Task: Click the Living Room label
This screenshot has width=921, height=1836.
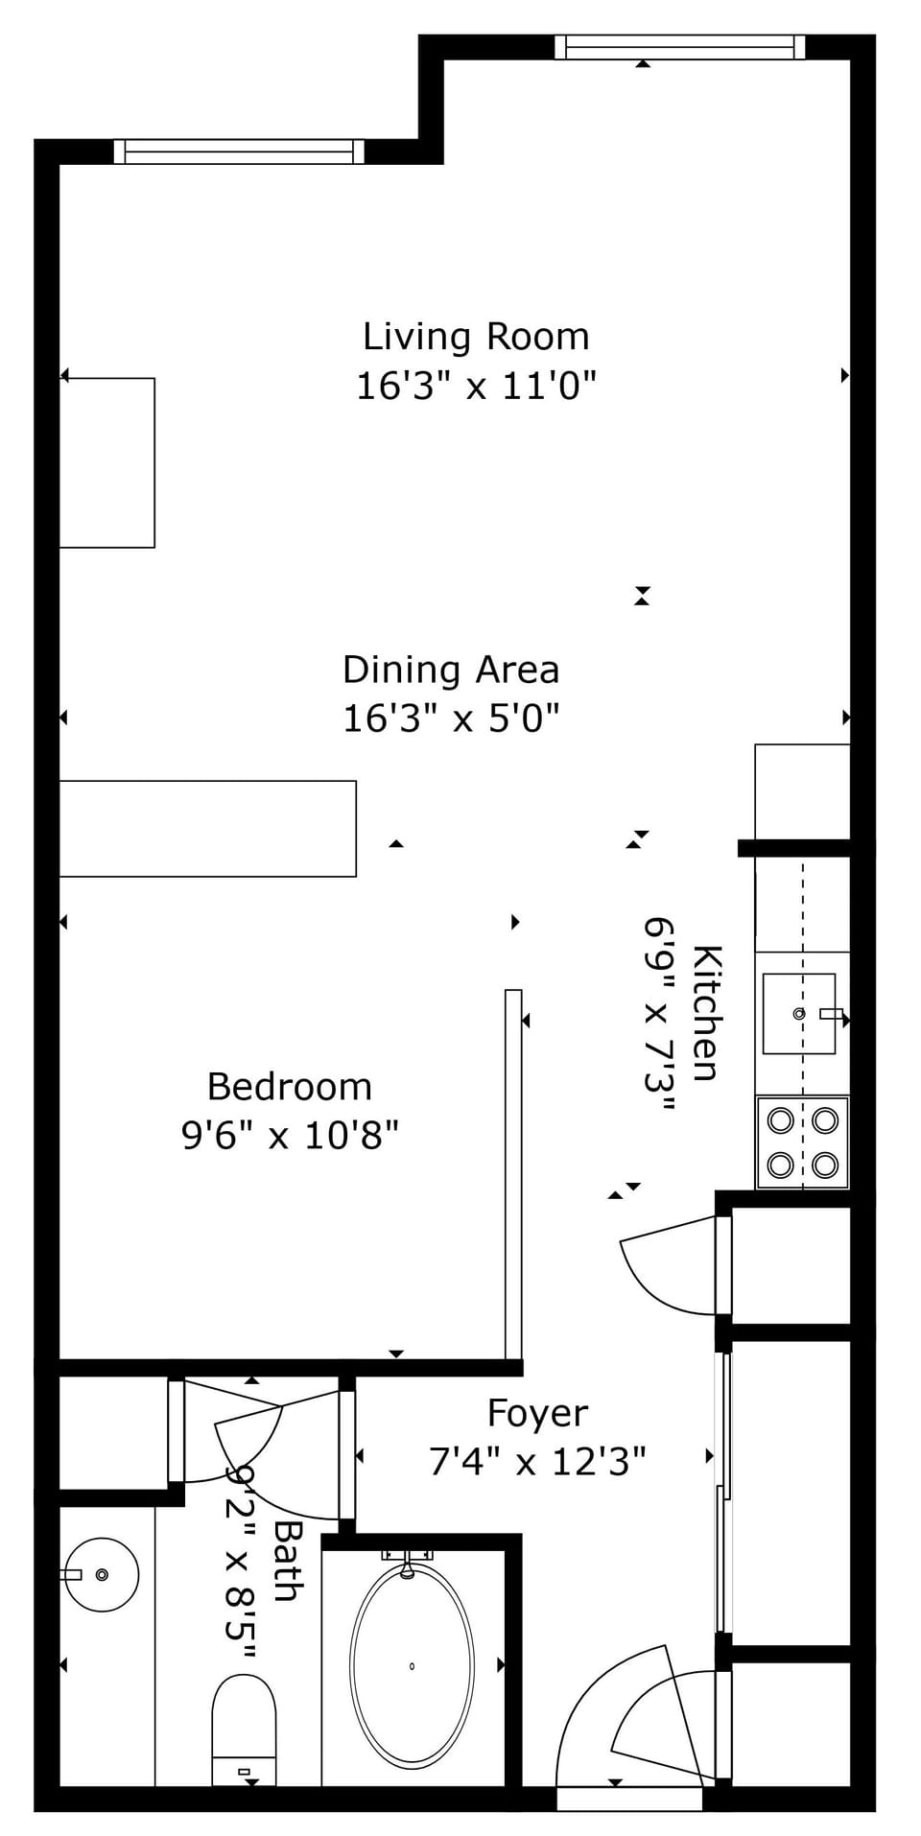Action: tap(476, 337)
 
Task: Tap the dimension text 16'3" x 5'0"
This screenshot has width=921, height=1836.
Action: tap(451, 718)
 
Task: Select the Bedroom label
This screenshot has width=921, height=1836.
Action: tap(290, 1087)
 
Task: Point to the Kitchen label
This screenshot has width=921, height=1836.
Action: tap(706, 1012)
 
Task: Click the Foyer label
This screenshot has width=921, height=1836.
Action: tap(537, 1413)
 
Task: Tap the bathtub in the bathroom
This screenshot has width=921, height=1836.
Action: tap(412, 1666)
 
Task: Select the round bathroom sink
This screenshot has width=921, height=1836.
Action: tap(103, 1574)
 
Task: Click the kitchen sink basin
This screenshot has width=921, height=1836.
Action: tap(798, 1013)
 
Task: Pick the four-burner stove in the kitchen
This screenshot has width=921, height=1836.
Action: tap(803, 1142)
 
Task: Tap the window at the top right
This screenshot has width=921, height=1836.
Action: tap(679, 46)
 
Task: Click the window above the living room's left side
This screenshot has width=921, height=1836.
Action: tap(239, 152)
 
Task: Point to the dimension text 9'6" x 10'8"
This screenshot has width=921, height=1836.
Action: tap(290, 1136)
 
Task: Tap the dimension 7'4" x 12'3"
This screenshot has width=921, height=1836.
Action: tap(537, 1462)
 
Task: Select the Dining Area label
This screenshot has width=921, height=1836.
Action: tap(451, 670)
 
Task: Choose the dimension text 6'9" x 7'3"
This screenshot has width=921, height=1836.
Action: tap(660, 1012)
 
